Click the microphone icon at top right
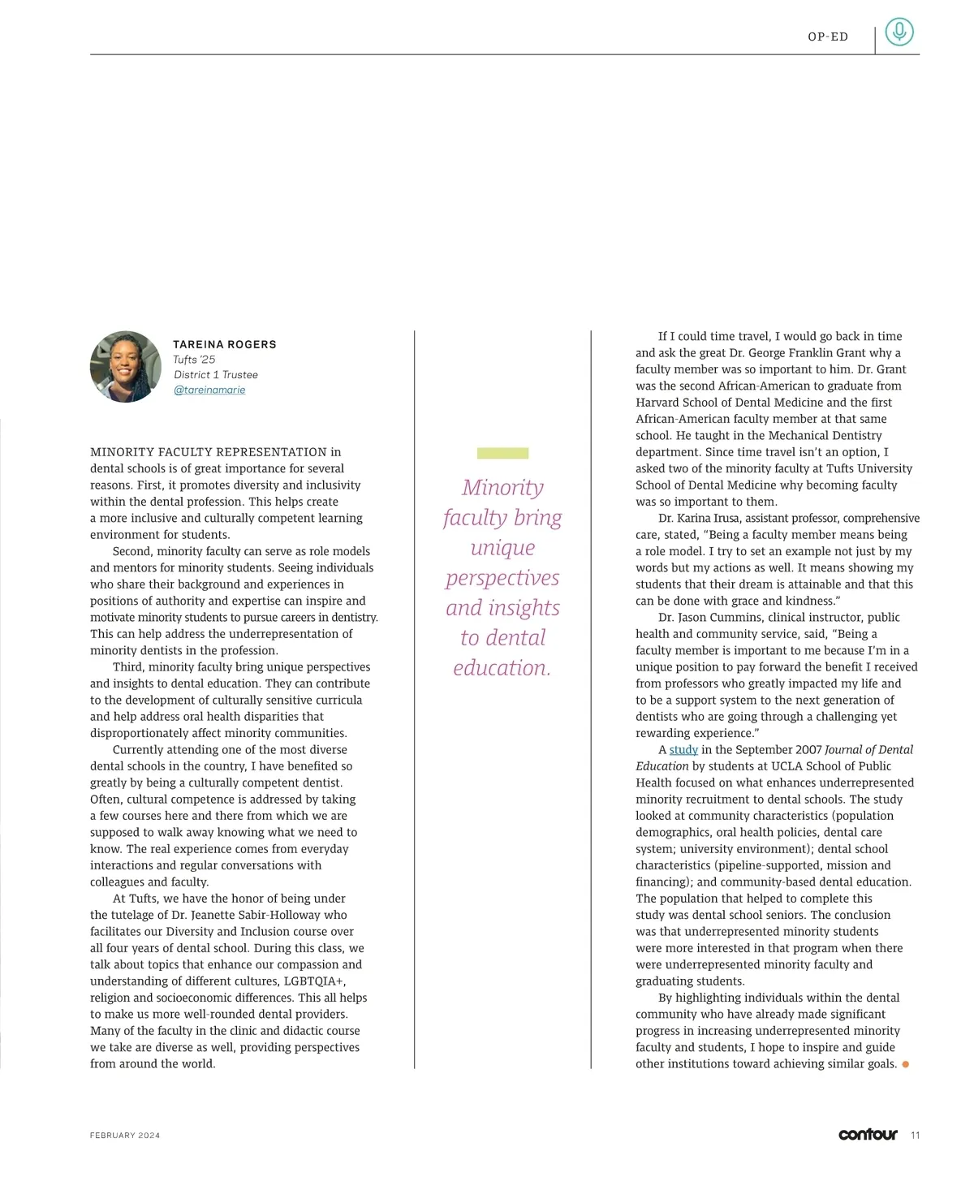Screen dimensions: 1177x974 pyautogui.click(x=899, y=32)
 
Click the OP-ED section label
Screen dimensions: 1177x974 pyautogui.click(x=827, y=37)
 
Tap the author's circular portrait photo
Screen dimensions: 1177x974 pyautogui.click(x=126, y=367)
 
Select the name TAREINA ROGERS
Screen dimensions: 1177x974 pyautogui.click(x=225, y=344)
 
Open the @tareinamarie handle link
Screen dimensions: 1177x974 pyautogui.click(x=209, y=390)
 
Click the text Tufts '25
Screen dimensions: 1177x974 pyautogui.click(x=194, y=360)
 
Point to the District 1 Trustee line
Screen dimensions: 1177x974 pyautogui.click(x=216, y=375)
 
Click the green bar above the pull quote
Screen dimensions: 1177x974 pyautogui.click(x=502, y=453)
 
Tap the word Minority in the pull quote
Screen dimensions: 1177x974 pyautogui.click(x=502, y=487)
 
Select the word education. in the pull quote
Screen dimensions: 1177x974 pyautogui.click(x=502, y=668)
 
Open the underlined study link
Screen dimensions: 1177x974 pyautogui.click(x=683, y=750)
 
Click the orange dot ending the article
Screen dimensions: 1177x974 pyautogui.click(x=906, y=1064)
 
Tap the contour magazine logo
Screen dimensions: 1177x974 pyautogui.click(x=868, y=1135)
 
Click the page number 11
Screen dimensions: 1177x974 pyautogui.click(x=916, y=1136)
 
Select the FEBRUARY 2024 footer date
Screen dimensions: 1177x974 pyautogui.click(x=125, y=1136)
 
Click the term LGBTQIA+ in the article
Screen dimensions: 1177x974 pyautogui.click(x=315, y=981)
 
